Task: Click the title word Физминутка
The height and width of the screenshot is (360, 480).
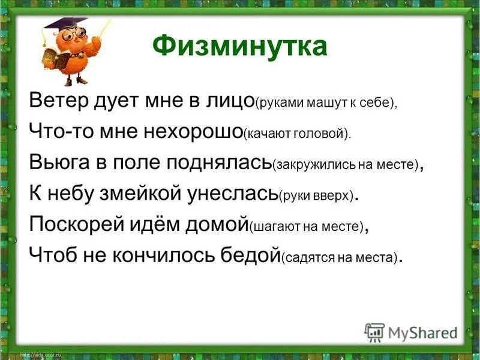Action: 240,46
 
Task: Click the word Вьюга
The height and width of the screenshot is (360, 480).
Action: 55,163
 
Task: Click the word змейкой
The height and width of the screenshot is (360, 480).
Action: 134,194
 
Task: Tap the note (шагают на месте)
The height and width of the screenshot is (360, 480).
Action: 307,228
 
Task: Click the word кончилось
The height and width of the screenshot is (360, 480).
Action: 164,256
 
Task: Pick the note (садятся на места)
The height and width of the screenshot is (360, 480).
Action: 340,259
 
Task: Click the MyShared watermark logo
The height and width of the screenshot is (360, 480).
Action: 411,332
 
